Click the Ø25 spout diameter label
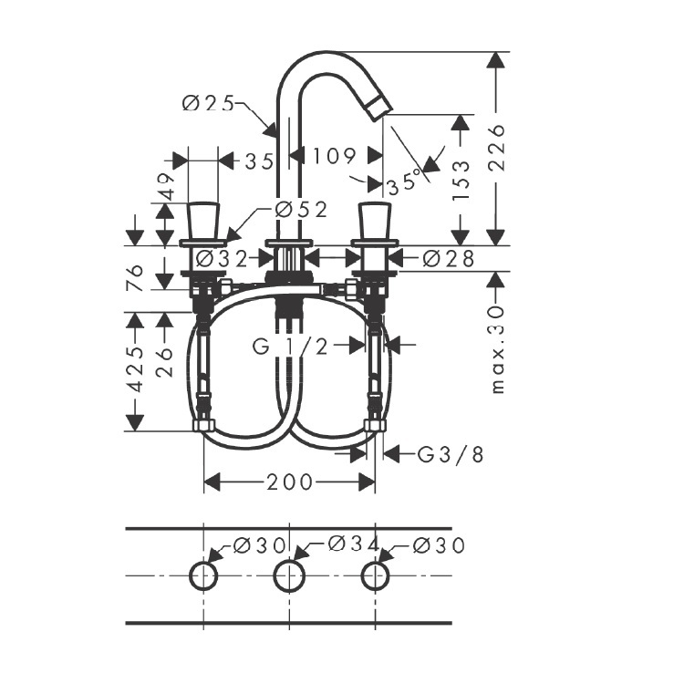tap(208, 104)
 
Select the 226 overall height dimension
tap(497, 148)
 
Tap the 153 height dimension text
tap(461, 181)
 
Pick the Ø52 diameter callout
tap(301, 211)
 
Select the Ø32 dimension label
tap(222, 259)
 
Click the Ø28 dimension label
tap(449, 259)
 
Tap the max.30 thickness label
tap(497, 349)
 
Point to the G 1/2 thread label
tap(290, 347)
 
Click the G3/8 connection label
tap(451, 454)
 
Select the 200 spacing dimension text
tap(290, 482)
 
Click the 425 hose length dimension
tap(137, 370)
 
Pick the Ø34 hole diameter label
tap(353, 544)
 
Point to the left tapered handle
tap(203, 221)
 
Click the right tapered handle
tap(375, 221)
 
